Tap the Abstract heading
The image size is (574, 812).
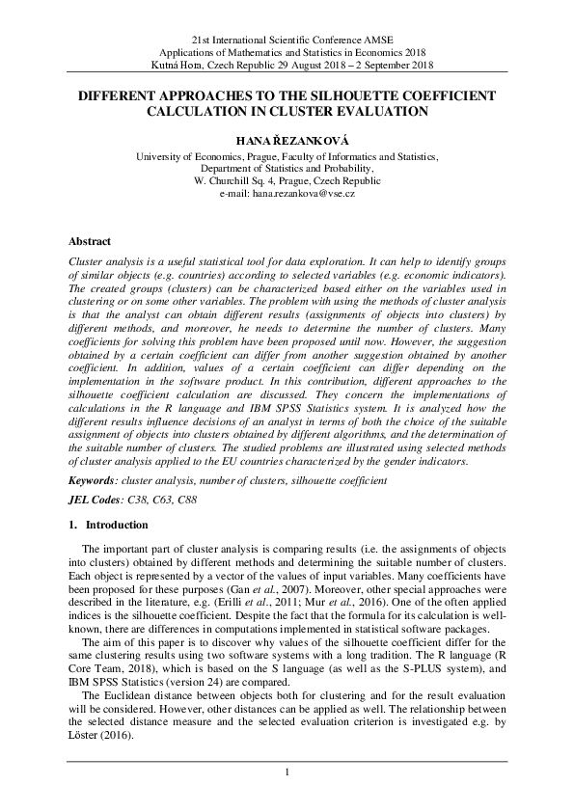[x=89, y=241]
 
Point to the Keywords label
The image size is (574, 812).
[x=96, y=479]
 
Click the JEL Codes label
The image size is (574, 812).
[x=96, y=500]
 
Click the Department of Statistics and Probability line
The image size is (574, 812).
[x=287, y=167]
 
